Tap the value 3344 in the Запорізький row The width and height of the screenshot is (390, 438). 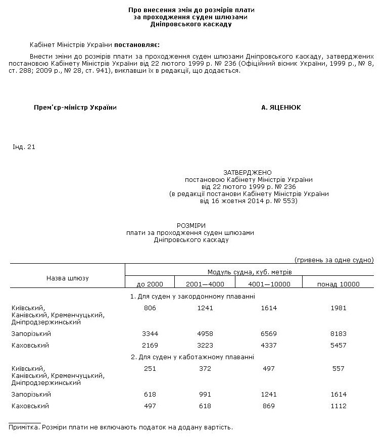(150, 334)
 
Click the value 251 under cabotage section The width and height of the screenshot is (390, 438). (150, 368)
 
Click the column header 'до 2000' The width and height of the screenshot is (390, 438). (150, 284)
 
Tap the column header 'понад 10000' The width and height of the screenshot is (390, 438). (338, 284)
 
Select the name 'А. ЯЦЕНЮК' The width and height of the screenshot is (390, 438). (280, 108)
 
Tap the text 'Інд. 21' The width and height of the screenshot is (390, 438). (23, 147)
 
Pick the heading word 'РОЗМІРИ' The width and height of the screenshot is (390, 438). (191, 225)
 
